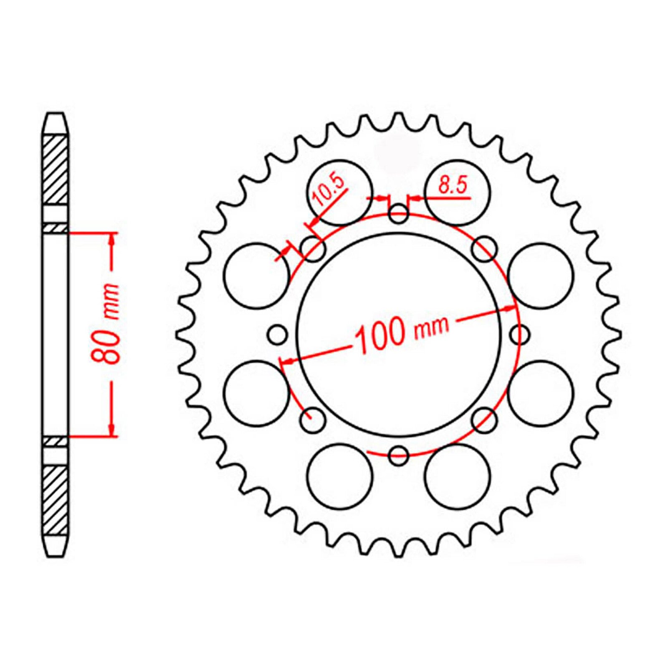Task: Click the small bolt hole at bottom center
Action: (x=398, y=455)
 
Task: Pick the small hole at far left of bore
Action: (x=278, y=334)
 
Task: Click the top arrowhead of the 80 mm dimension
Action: (x=112, y=239)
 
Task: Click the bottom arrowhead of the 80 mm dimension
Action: (x=112, y=430)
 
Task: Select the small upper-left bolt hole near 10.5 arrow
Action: (x=314, y=250)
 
